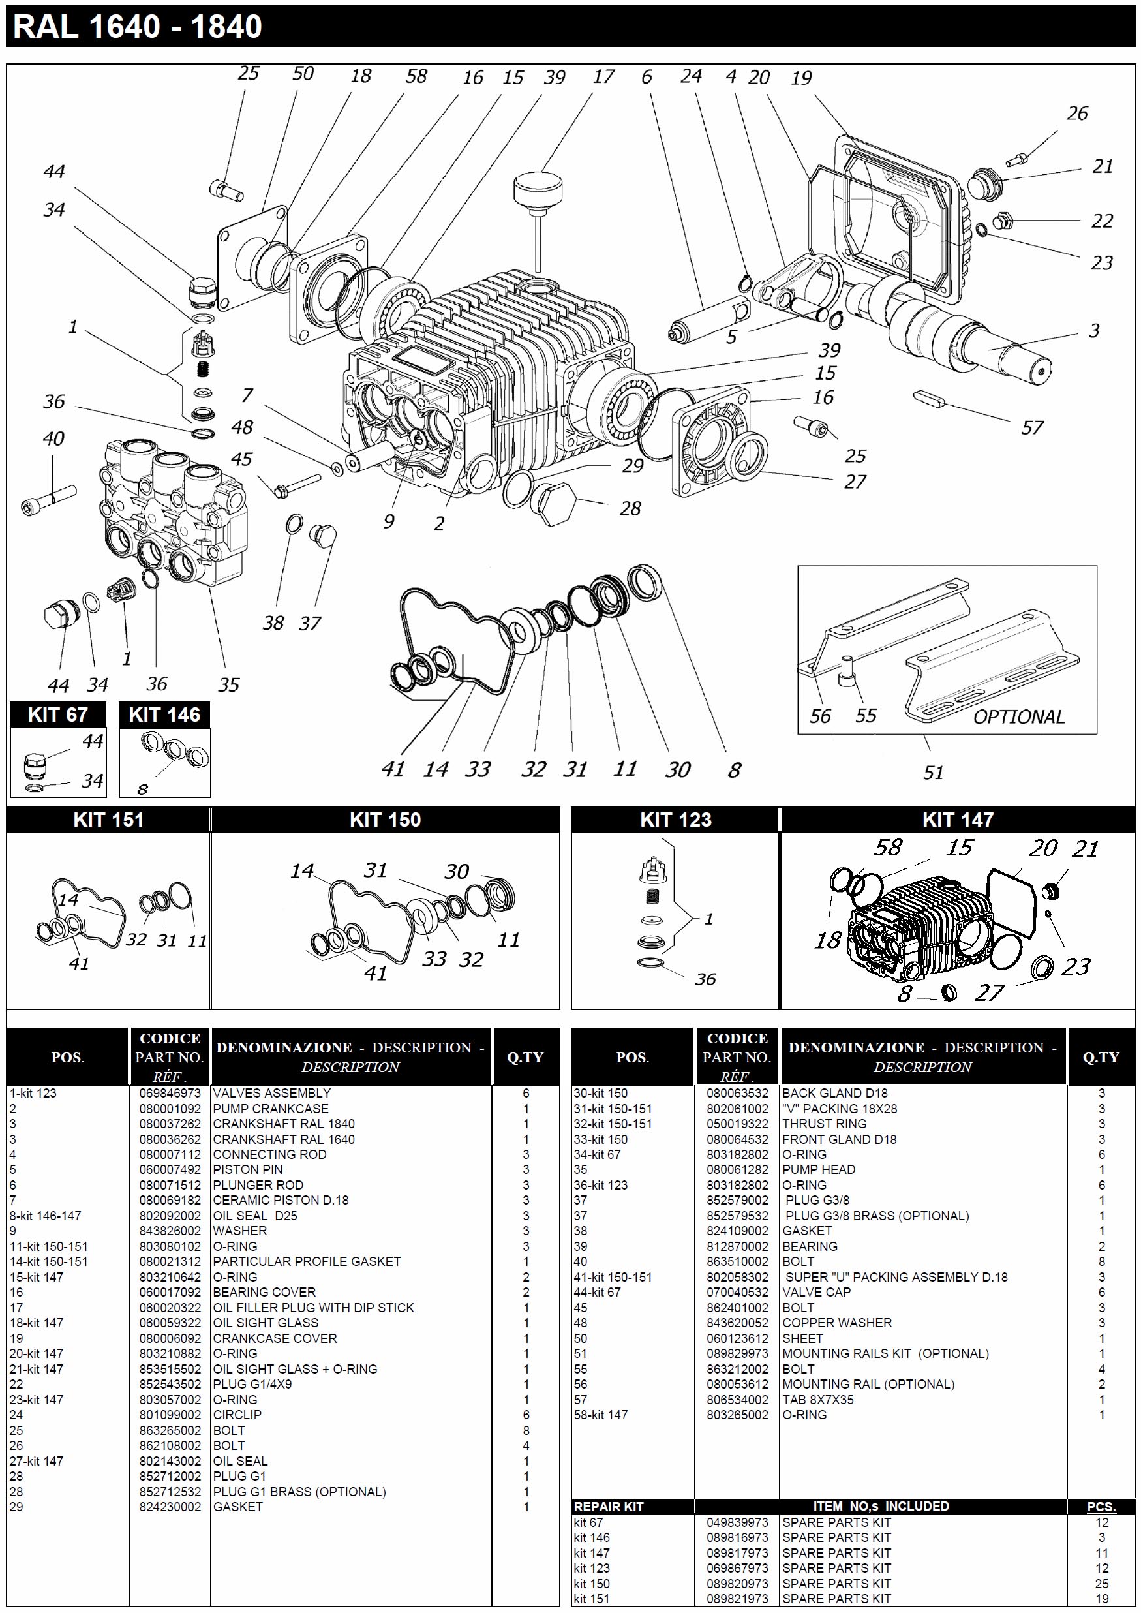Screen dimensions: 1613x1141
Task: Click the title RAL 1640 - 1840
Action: [138, 27]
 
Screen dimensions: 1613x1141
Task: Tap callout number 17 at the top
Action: [603, 76]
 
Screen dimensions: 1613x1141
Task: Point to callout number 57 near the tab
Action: [1031, 427]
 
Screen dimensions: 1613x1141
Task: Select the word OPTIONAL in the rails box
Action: [1018, 716]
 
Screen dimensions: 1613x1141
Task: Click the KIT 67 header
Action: [57, 714]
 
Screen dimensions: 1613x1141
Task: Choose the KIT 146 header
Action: [164, 714]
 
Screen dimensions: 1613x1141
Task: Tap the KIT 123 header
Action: [675, 819]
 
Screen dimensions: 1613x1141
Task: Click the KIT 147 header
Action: [958, 819]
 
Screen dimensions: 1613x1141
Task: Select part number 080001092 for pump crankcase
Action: [170, 1109]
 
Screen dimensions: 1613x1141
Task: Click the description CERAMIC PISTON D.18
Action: [281, 1200]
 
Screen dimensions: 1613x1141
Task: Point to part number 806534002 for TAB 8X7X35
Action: [737, 1400]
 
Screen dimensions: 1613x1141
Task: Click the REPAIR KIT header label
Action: [609, 1506]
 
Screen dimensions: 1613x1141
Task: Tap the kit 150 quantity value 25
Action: [1101, 1584]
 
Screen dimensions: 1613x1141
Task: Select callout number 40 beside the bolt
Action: [53, 438]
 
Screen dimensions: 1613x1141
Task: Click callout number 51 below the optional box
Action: [933, 773]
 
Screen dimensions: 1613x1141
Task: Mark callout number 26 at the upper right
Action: [1077, 113]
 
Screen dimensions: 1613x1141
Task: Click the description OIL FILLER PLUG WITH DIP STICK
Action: [313, 1308]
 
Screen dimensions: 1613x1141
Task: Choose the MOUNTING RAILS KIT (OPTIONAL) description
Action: [885, 1353]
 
